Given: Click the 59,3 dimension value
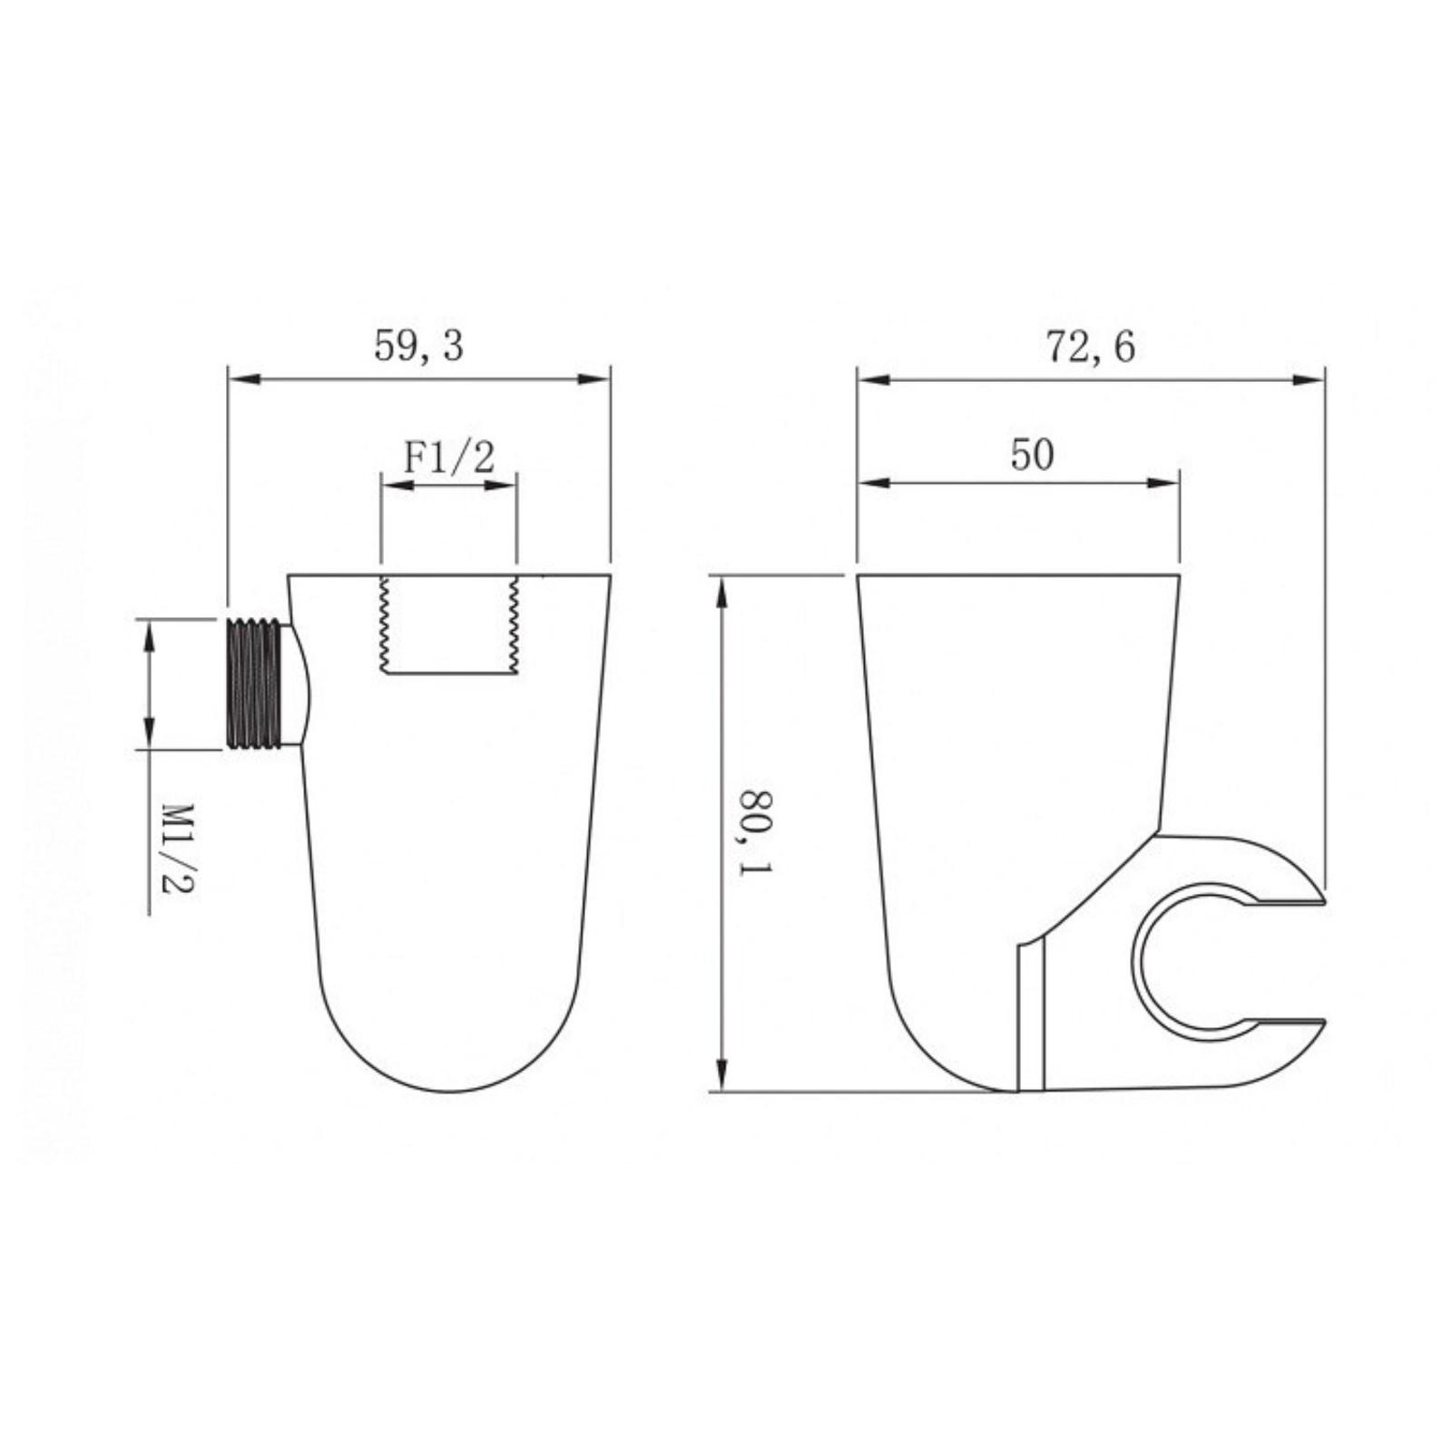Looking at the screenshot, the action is pyautogui.click(x=418, y=346).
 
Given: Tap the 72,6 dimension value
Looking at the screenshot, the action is pyautogui.click(x=1090, y=347).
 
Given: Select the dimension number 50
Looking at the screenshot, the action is pyautogui.click(x=1032, y=454).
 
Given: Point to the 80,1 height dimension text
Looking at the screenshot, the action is pyautogui.click(x=755, y=832).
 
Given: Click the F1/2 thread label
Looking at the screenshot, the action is pyautogui.click(x=449, y=456).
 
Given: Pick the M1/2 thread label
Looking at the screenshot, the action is pyautogui.click(x=178, y=847).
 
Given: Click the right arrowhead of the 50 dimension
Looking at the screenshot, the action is pyautogui.click(x=1163, y=484).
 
